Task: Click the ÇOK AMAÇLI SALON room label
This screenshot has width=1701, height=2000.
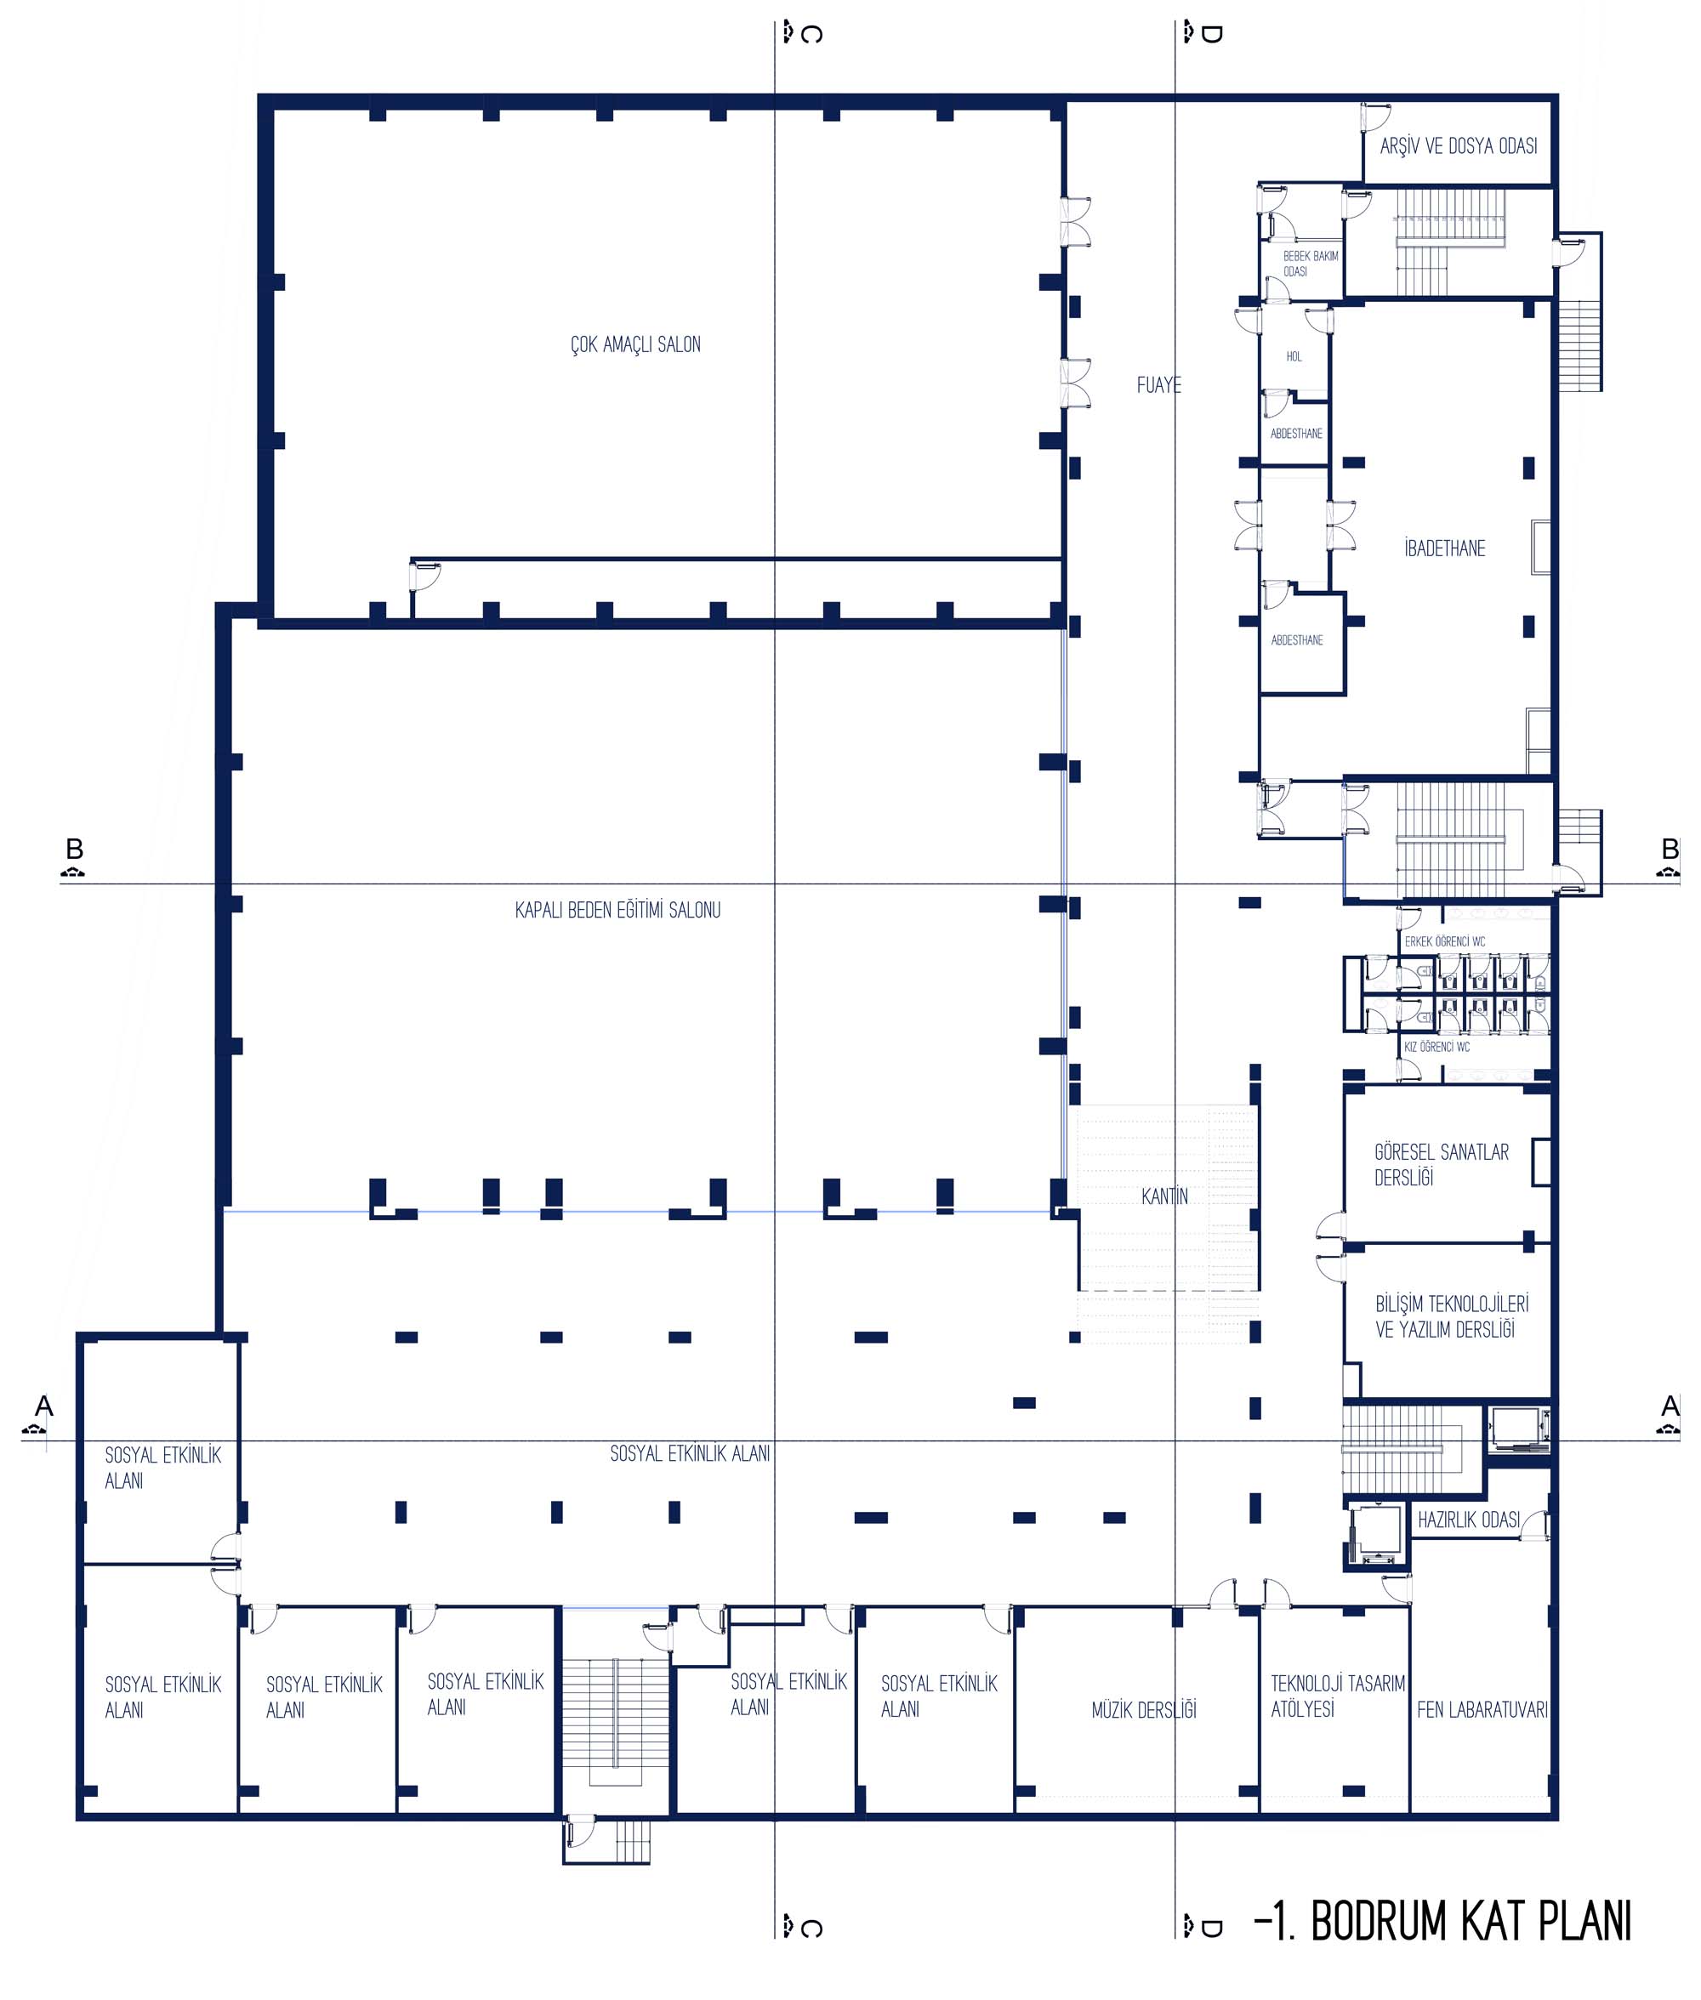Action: pos(635,344)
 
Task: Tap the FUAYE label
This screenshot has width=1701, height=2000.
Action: pos(1158,384)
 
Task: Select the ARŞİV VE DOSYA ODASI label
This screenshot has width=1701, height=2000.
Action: pos(1458,145)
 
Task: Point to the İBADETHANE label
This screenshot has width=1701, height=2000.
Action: pos(1444,548)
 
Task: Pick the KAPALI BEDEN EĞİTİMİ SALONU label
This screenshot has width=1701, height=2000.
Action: pos(617,910)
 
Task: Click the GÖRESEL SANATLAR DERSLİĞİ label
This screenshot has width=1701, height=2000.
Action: pos(1441,1164)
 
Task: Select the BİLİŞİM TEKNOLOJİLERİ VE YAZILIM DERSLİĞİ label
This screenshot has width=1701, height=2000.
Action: pos(1451,1316)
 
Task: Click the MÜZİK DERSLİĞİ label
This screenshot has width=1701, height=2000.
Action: pos(1144,1711)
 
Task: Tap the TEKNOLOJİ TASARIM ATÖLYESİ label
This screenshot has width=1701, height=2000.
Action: pos(1338,1696)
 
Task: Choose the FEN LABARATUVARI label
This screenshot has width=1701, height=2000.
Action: pos(1482,1710)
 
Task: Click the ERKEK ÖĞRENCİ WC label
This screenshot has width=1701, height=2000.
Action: pos(1444,940)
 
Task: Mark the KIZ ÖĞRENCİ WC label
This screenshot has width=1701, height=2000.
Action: pos(1436,1047)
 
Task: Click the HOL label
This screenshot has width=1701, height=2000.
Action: pos(1294,356)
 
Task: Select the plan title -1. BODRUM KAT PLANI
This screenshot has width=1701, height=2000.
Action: pos(1442,1921)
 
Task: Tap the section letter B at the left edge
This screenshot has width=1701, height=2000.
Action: pos(74,849)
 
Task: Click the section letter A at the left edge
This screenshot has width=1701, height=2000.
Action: pos(43,1406)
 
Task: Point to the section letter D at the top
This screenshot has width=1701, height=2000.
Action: pos(1211,35)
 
